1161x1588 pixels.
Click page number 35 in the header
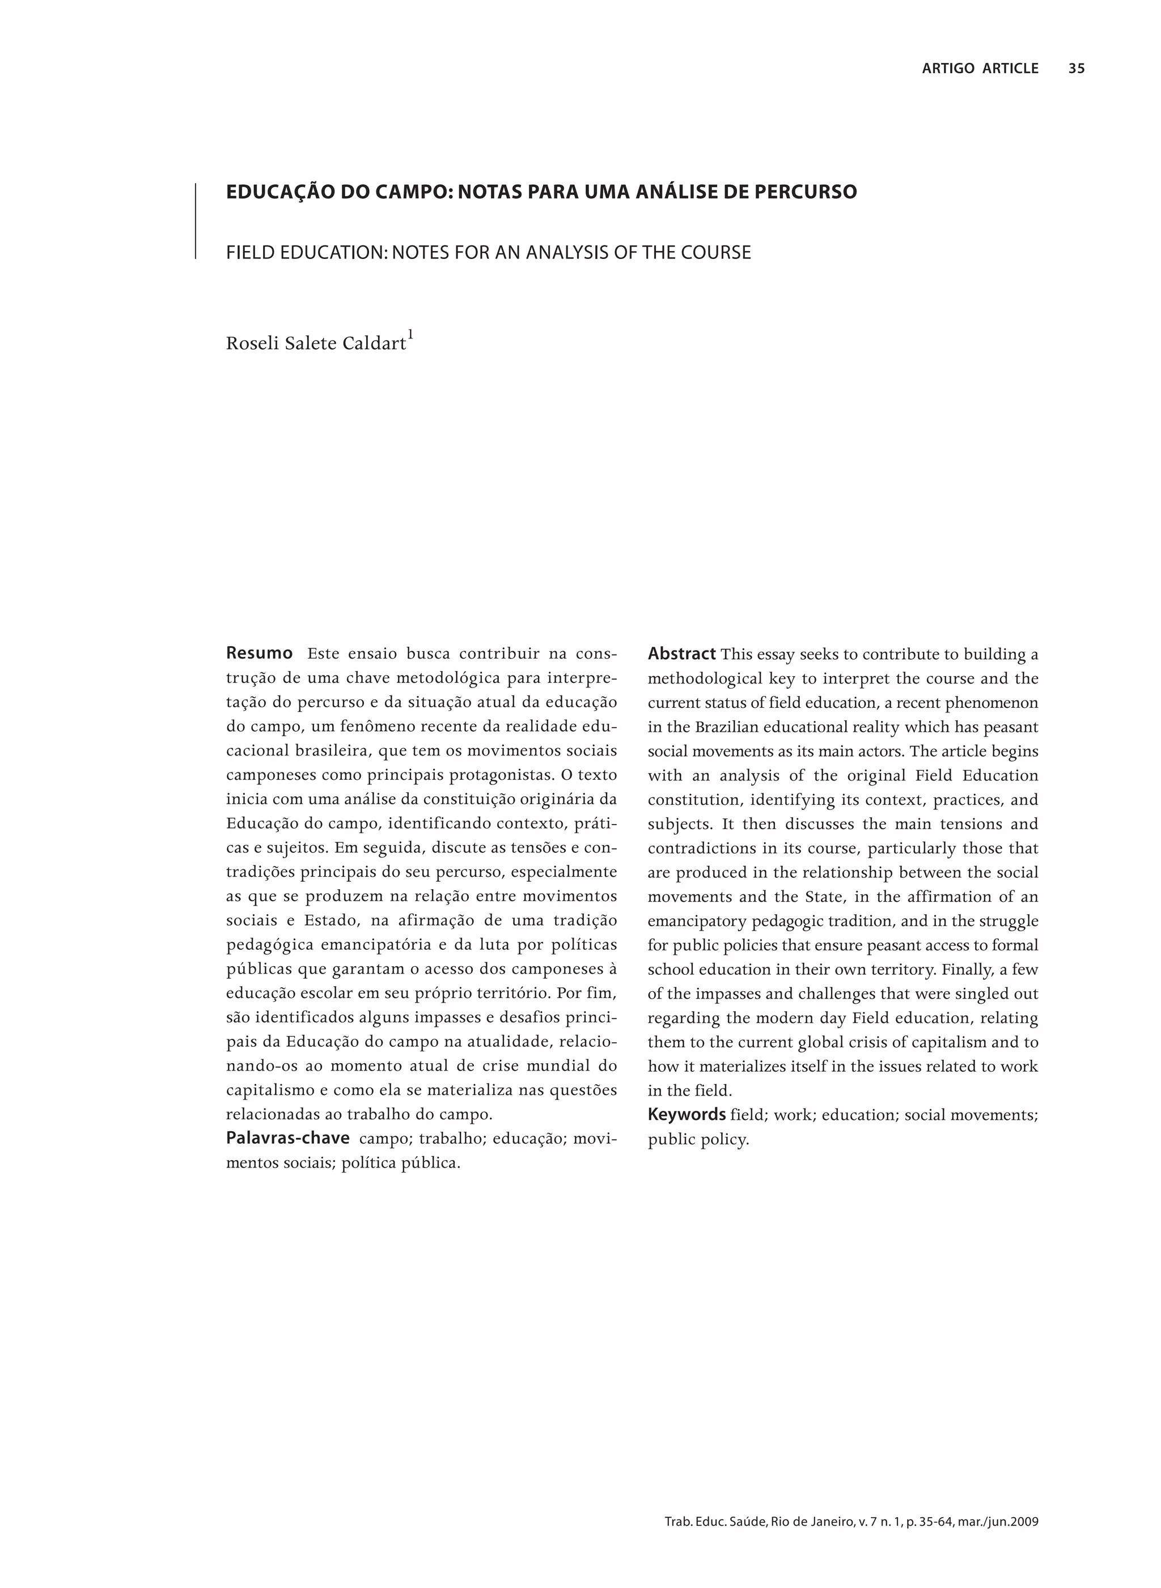[x=1076, y=68]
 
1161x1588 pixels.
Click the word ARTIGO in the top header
[x=948, y=68]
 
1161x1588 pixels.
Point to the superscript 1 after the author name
[x=410, y=334]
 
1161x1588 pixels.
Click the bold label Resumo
[x=259, y=653]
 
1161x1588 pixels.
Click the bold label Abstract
[x=681, y=653]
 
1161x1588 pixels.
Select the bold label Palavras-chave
[x=287, y=1137]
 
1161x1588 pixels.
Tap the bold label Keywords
[x=686, y=1114]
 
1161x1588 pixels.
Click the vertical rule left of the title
[x=196, y=222]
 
